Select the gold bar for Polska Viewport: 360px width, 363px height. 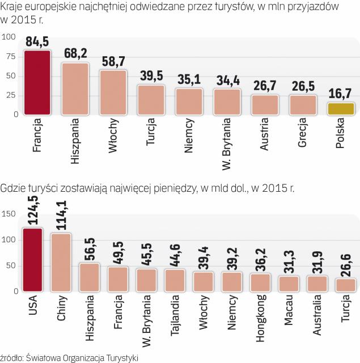point(341,108)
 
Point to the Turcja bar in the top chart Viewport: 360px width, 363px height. point(151,100)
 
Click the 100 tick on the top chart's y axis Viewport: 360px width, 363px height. point(9,37)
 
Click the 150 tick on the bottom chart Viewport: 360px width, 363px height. point(9,214)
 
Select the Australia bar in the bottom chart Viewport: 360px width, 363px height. point(317,284)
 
